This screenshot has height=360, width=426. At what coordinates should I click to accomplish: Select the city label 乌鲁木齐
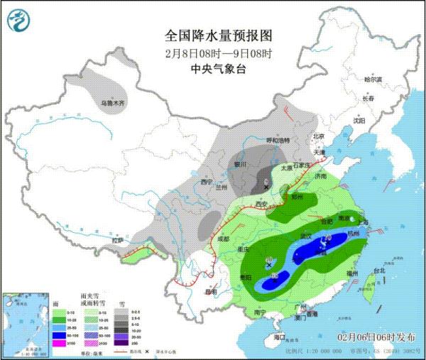click(112, 104)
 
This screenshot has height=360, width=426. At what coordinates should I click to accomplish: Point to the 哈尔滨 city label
click(373, 79)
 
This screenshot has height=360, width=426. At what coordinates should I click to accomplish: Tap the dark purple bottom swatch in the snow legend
click(122, 344)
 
